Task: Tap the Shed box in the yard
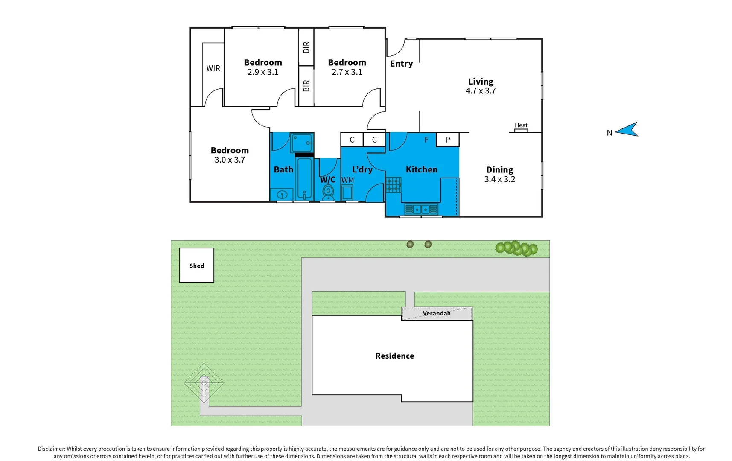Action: (x=196, y=265)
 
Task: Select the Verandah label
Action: (x=437, y=313)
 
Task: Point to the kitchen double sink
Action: (x=421, y=209)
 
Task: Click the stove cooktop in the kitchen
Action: (x=393, y=185)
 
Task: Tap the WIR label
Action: (x=213, y=68)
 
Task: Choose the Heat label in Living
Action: (x=521, y=125)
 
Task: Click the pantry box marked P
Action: (x=447, y=140)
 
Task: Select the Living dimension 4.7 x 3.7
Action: (x=481, y=91)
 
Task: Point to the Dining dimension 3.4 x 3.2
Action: (x=499, y=179)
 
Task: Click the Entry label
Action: (x=401, y=64)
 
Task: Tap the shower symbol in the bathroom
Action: (x=302, y=143)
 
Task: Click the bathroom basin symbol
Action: (x=282, y=195)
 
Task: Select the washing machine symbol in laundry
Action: (x=347, y=193)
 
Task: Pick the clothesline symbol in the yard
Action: (x=204, y=383)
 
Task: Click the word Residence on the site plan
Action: (x=394, y=356)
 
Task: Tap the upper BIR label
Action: (x=306, y=47)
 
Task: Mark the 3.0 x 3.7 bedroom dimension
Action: (x=230, y=160)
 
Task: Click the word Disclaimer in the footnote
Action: (x=51, y=449)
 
